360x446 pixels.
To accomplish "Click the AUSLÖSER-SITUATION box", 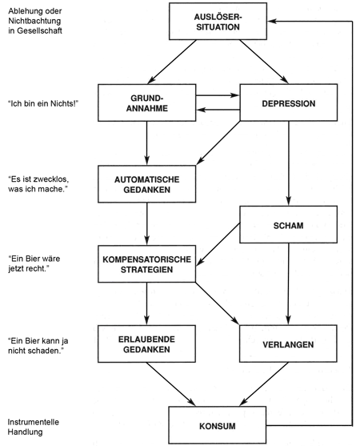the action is point(218,22).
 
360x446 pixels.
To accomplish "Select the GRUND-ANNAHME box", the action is point(147,102).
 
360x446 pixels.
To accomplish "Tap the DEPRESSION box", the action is point(288,102).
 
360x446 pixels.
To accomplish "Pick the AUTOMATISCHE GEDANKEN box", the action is point(147,184).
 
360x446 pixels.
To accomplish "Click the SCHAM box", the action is point(288,224).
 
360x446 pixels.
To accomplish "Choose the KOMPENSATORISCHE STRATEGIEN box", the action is point(147,264).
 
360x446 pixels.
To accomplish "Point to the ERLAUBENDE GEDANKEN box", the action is point(146,344).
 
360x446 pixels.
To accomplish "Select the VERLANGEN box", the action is point(288,344).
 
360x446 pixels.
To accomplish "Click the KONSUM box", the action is point(218,425).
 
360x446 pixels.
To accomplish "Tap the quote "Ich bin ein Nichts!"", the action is point(43,103).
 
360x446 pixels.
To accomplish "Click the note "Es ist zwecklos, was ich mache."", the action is point(38,184).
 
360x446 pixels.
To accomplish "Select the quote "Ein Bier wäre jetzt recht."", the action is point(34,263).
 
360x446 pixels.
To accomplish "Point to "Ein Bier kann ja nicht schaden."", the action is point(38,346).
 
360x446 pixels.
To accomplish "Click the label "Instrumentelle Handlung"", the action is point(34,427).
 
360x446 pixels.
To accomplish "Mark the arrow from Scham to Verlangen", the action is point(288,284).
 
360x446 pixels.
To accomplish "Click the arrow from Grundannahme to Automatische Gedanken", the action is point(147,143).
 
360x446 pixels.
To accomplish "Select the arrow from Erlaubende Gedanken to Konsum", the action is point(171,384).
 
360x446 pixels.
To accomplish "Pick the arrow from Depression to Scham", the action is point(288,163).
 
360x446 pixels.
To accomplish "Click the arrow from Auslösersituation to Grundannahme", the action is point(172,62).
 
